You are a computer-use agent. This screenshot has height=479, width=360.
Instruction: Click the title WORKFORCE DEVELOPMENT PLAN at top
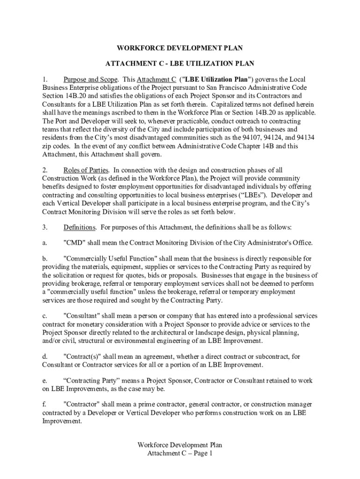(x=180, y=48)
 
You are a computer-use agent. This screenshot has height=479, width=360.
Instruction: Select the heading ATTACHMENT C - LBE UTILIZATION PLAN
(x=180, y=63)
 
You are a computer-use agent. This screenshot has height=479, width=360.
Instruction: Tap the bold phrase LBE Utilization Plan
(x=219, y=79)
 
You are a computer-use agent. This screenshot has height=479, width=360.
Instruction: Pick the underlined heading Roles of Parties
(x=86, y=170)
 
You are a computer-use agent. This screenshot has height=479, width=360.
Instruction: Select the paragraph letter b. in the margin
(x=45, y=258)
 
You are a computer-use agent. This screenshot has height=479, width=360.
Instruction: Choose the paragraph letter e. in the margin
(x=45, y=380)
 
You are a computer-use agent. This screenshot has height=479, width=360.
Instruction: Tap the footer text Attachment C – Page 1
(x=180, y=453)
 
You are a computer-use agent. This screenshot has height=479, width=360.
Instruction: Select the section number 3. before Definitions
(x=45, y=227)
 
